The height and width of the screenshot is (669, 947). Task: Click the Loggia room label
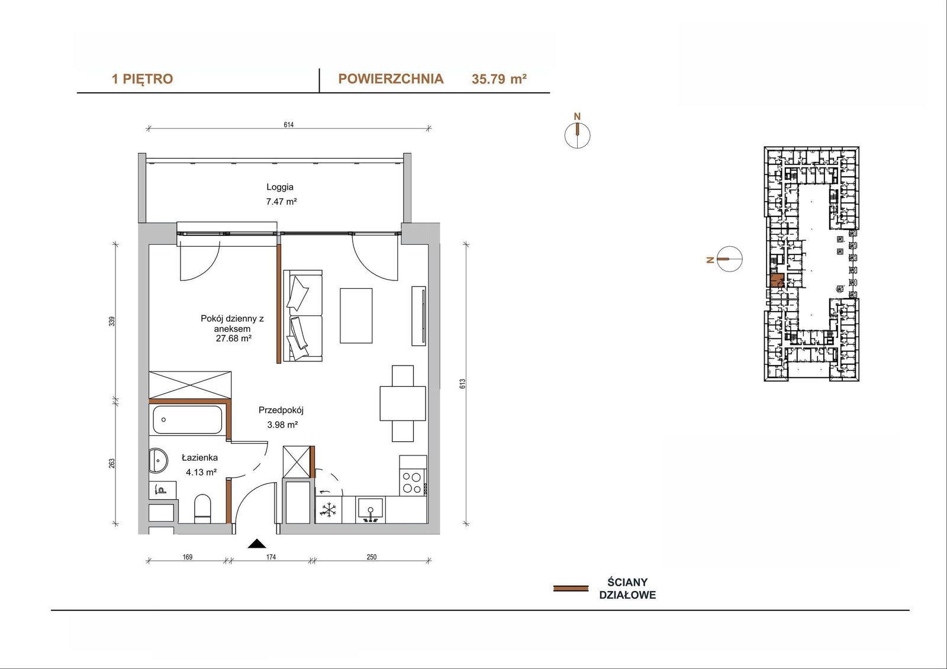280,187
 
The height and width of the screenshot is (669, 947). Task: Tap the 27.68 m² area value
234,338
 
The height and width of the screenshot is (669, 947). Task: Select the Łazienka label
200,457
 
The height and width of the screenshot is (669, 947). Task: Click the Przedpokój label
281,410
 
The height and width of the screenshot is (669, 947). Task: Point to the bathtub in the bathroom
187,420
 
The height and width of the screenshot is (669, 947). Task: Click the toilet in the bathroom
202,509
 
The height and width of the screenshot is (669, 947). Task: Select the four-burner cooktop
413,482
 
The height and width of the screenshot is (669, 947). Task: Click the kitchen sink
371,510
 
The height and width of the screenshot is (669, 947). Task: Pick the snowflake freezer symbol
328,510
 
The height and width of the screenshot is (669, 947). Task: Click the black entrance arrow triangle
257,544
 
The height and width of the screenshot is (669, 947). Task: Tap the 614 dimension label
289,125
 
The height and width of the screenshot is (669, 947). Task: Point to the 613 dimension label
462,384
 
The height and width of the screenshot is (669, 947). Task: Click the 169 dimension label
187,557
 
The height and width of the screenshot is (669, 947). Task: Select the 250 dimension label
371,557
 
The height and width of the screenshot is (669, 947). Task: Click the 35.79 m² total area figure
500,79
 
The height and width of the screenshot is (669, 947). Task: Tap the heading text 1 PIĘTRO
143,79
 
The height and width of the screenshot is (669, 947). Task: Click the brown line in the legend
571,589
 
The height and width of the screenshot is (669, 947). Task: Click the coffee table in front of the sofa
356,315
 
